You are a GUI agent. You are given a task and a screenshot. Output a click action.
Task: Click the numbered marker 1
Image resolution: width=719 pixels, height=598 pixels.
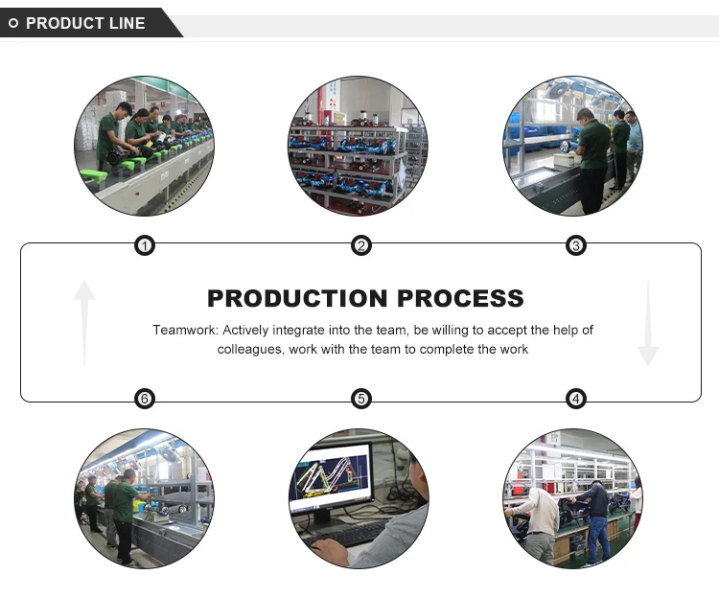tap(144, 246)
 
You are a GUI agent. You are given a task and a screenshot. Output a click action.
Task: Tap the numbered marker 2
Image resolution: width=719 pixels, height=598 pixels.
tap(360, 246)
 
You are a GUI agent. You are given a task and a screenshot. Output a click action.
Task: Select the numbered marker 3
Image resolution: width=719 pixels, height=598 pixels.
tap(576, 246)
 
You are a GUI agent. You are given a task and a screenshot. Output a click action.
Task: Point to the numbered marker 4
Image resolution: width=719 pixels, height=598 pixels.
tap(576, 399)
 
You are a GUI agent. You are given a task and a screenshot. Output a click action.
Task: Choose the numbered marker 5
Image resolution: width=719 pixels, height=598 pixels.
tap(360, 399)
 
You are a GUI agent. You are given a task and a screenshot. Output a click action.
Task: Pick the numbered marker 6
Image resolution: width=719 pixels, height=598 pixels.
tap(144, 399)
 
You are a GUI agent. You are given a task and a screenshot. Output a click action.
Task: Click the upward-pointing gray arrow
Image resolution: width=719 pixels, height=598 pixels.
tap(84, 321)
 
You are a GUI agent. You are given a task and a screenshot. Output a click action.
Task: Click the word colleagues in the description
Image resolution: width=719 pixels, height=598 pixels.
tap(250, 350)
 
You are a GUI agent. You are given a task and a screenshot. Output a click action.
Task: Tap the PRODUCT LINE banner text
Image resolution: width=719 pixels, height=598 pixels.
tap(85, 23)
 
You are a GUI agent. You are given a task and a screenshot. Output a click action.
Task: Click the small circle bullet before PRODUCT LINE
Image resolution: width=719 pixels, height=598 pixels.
tap(13, 23)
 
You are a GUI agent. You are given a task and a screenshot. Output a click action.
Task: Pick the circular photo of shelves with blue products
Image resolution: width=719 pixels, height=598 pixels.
tap(359, 146)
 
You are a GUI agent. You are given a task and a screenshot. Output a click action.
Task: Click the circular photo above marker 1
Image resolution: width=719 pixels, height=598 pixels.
tap(144, 146)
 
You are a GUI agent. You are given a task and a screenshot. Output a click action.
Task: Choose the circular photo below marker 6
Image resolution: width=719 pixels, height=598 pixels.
tap(144, 498)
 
